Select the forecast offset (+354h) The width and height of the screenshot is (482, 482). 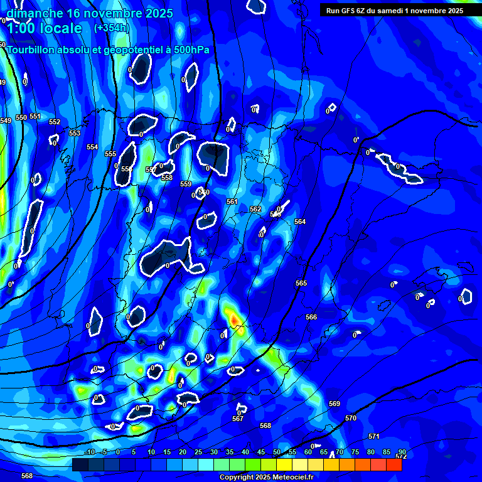(x=110, y=28)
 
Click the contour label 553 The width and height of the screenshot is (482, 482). (x=75, y=133)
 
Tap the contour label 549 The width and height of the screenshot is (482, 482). (x=6, y=120)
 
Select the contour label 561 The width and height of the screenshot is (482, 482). (x=232, y=201)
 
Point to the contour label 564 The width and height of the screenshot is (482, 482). (x=300, y=222)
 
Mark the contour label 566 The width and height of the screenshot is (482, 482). (x=311, y=317)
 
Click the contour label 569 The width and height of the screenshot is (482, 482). (x=335, y=404)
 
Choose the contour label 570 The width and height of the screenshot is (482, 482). (x=351, y=418)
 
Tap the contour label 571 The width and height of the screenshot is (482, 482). (x=374, y=436)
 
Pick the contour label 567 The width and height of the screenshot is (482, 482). (x=238, y=419)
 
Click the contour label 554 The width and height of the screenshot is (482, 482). (x=92, y=147)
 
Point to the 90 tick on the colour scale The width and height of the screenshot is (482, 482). (x=402, y=453)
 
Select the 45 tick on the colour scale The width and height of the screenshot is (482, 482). (x=261, y=453)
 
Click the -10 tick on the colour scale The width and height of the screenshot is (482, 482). (x=89, y=453)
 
